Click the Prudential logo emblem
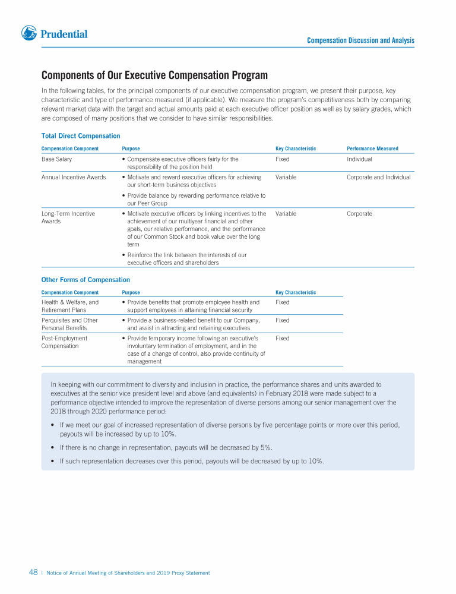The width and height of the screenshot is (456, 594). point(29,33)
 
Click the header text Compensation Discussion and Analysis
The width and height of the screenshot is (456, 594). point(360,40)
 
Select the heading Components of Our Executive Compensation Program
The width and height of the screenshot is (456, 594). point(154,75)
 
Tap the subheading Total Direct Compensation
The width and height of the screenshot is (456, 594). point(81,136)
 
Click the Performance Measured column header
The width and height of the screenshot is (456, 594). point(372,148)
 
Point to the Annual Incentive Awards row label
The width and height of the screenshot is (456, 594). point(74,177)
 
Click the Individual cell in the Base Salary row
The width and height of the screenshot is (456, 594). point(359,159)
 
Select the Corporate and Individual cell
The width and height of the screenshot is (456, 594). point(378,177)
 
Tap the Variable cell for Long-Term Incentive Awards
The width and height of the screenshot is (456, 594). point(286,213)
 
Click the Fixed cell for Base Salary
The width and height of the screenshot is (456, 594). point(282,159)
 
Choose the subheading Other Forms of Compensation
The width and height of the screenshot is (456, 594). point(85,280)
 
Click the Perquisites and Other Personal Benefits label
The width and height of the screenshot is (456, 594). point(69,324)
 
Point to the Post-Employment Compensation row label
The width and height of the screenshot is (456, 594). point(64,342)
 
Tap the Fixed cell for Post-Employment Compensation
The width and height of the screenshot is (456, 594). point(282,338)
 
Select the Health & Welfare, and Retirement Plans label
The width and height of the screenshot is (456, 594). point(70,306)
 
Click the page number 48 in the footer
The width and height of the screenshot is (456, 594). point(33,573)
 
